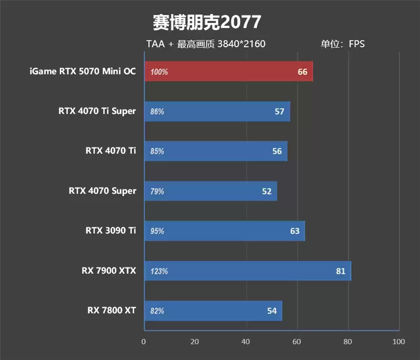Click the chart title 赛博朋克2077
pyautogui.click(x=206, y=22)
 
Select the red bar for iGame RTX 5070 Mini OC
pyautogui.click(x=228, y=71)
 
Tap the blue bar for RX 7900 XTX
pyautogui.click(x=247, y=271)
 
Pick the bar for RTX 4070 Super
pyautogui.click(x=210, y=191)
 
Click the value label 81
pyautogui.click(x=341, y=271)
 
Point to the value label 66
pyautogui.click(x=302, y=72)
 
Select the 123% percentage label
pyautogui.click(x=159, y=271)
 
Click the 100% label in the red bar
pyautogui.click(x=159, y=72)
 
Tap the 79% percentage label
pyautogui.click(x=157, y=192)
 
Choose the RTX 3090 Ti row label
pyautogui.click(x=111, y=230)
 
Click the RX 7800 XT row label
pyautogui.click(x=112, y=310)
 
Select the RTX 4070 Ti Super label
pyautogui.click(x=97, y=111)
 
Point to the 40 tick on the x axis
pyautogui.click(x=246, y=342)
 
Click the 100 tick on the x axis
pyautogui.click(x=398, y=342)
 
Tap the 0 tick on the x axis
pyautogui.click(x=144, y=342)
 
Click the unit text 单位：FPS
pyautogui.click(x=342, y=44)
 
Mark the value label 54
pyautogui.click(x=271, y=311)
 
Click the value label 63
pyautogui.click(x=295, y=231)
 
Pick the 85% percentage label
pyautogui.click(x=157, y=152)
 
